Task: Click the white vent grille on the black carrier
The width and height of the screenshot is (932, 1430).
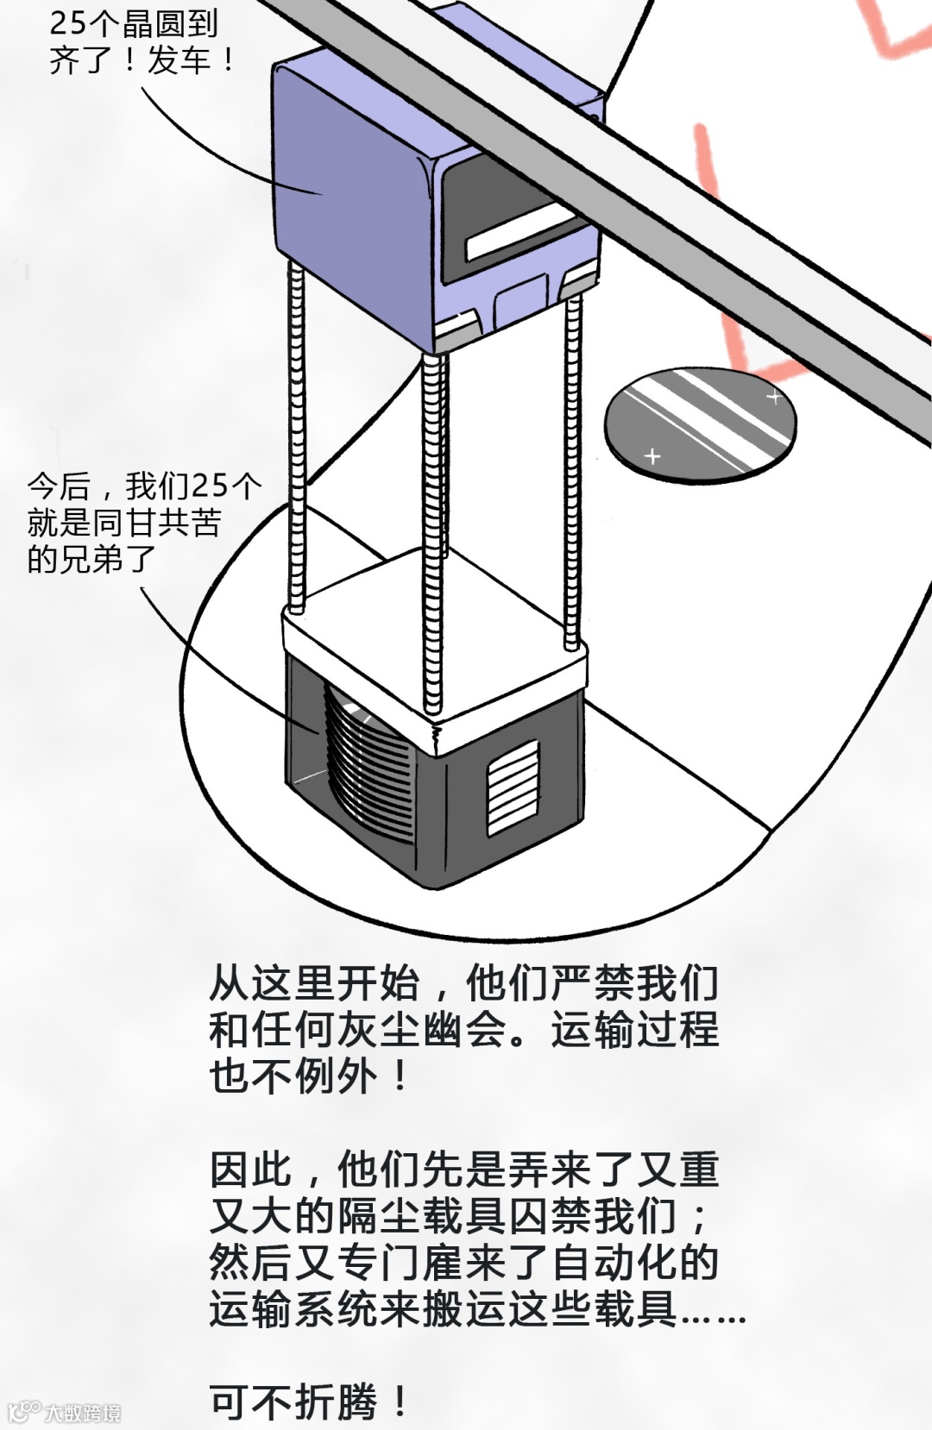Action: tap(513, 787)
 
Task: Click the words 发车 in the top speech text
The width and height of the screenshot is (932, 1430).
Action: tap(179, 60)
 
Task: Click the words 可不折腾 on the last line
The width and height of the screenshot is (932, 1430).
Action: tap(293, 1402)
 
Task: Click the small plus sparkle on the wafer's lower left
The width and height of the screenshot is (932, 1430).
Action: tap(652, 455)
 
